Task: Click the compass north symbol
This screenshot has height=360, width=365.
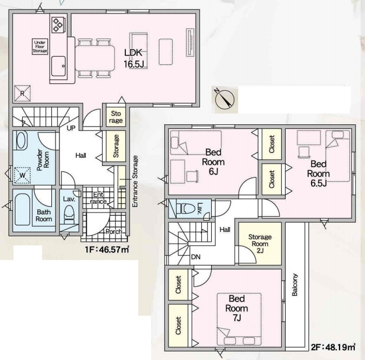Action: (x=225, y=99)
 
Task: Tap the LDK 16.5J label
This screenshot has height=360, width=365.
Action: (x=133, y=58)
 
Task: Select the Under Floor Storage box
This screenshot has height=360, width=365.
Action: (x=40, y=46)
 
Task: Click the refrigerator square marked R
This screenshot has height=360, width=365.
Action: (x=22, y=94)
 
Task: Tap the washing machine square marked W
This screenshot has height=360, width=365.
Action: (x=22, y=175)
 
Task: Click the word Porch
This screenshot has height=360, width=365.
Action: (x=114, y=231)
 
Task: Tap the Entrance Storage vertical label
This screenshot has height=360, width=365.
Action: (x=135, y=181)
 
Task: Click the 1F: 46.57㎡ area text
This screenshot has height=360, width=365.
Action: (x=107, y=250)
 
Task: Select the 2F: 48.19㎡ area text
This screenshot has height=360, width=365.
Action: (x=333, y=347)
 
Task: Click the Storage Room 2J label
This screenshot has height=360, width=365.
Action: (x=260, y=243)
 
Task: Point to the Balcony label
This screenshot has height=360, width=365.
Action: (x=295, y=285)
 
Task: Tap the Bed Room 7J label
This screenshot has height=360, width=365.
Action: (x=236, y=308)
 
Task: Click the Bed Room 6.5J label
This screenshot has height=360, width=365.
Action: (x=318, y=174)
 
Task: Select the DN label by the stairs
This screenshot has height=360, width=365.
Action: (x=195, y=257)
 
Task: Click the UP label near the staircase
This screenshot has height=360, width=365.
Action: (x=71, y=128)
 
